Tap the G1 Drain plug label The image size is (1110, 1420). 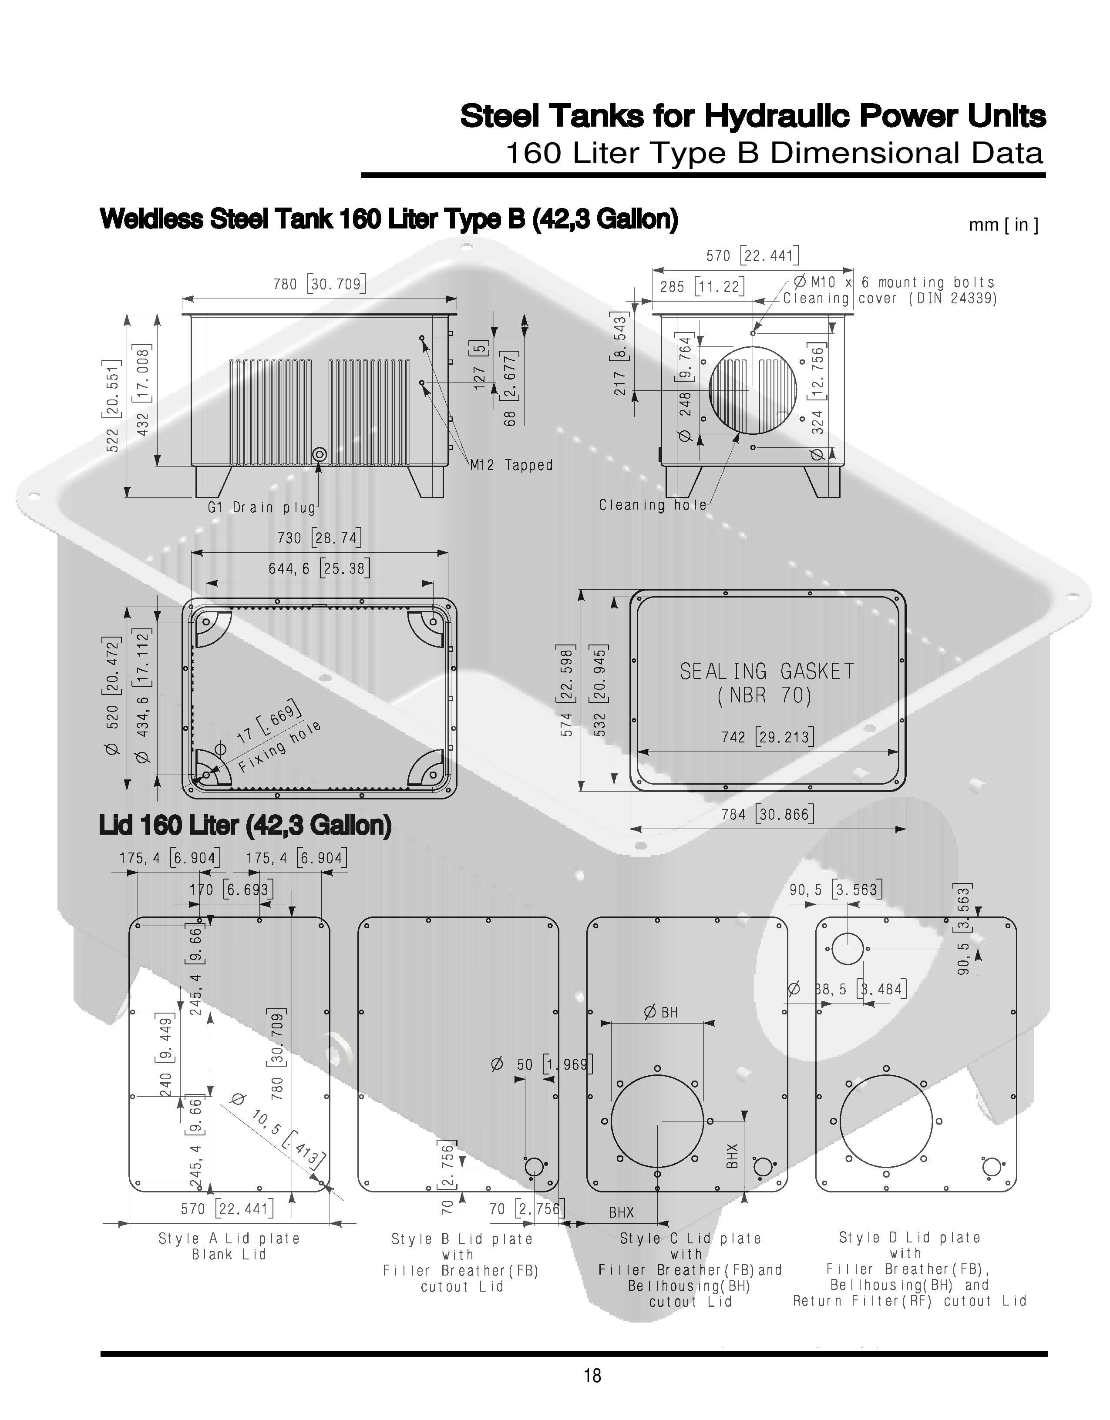(x=262, y=507)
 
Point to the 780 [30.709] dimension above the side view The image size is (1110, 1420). (x=319, y=284)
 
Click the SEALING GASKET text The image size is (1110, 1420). (x=767, y=671)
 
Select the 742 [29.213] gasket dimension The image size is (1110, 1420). (x=767, y=737)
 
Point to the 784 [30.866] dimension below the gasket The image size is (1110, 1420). (x=767, y=814)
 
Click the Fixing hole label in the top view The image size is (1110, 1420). (x=279, y=748)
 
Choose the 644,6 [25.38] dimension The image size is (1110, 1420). (x=319, y=569)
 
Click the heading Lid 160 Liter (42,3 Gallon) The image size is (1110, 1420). (x=245, y=825)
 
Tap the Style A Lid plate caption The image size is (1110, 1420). (x=229, y=1239)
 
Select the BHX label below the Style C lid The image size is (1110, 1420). (x=621, y=1212)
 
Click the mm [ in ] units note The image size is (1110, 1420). (x=1003, y=225)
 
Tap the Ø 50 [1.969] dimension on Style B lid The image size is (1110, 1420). (x=541, y=1065)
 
